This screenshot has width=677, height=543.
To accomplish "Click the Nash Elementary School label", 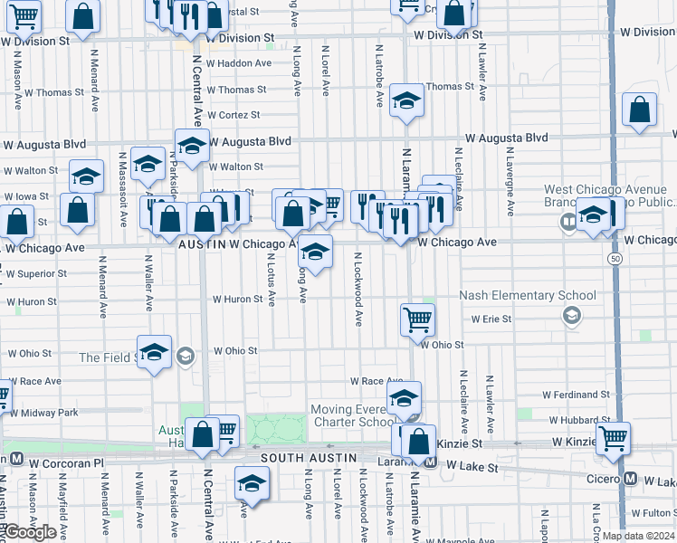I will (x=528, y=295).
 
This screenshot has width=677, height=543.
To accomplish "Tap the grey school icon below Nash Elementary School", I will (x=571, y=315).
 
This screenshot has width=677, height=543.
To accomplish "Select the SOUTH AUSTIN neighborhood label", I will (x=305, y=459).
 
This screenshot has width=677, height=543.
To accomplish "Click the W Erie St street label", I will (x=491, y=319).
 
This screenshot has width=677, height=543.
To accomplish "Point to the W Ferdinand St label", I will (x=577, y=395).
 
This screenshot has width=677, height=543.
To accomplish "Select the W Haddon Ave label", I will (x=239, y=63).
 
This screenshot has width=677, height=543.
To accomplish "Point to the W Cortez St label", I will (x=234, y=115).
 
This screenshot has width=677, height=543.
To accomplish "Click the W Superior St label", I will (x=36, y=273).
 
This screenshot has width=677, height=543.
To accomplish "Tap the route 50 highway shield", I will (x=615, y=259).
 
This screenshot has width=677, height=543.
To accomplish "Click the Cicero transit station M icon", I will (x=631, y=479).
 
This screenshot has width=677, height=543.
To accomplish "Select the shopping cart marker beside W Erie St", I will (x=417, y=319).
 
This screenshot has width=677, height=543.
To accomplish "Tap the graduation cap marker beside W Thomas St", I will (x=406, y=101).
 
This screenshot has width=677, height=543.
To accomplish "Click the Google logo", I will (x=30, y=532).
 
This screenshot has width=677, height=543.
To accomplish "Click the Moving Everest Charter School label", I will (x=353, y=415).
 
